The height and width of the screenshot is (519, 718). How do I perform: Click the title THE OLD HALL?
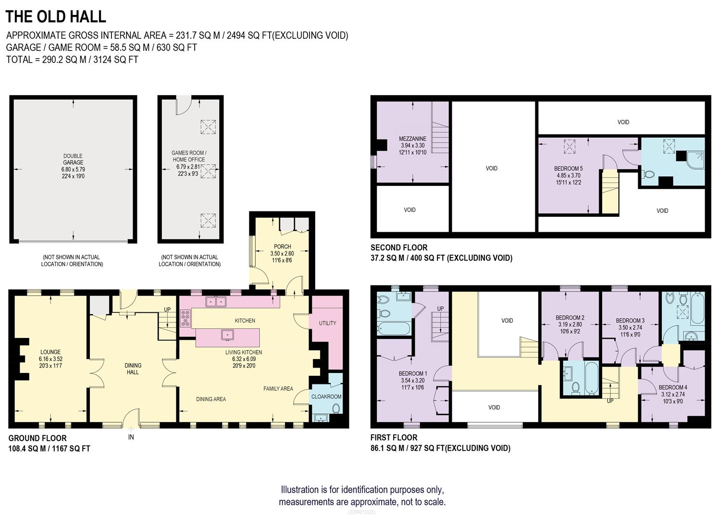pyautogui.click(x=56, y=17)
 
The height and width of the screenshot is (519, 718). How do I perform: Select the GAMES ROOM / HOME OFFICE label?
pyautogui.click(x=188, y=156)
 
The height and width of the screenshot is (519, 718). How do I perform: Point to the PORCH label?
pyautogui.click(x=282, y=247)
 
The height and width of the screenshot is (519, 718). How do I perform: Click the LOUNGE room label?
pyautogui.click(x=50, y=352)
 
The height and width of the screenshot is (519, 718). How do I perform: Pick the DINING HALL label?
pyautogui.click(x=133, y=369)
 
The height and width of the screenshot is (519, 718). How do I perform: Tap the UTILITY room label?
pyautogui.click(x=327, y=323)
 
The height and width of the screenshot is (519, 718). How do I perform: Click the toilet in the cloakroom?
pyautogui.click(x=336, y=408)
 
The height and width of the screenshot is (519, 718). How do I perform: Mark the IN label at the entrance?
pyautogui.click(x=131, y=437)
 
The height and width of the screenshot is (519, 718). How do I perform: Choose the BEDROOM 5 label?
pyautogui.click(x=568, y=169)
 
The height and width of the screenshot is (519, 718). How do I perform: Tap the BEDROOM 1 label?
pyautogui.click(x=412, y=373)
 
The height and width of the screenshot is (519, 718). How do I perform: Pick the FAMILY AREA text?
pyautogui.click(x=278, y=388)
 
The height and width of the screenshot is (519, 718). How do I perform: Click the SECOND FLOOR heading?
pyautogui.click(x=398, y=247)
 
